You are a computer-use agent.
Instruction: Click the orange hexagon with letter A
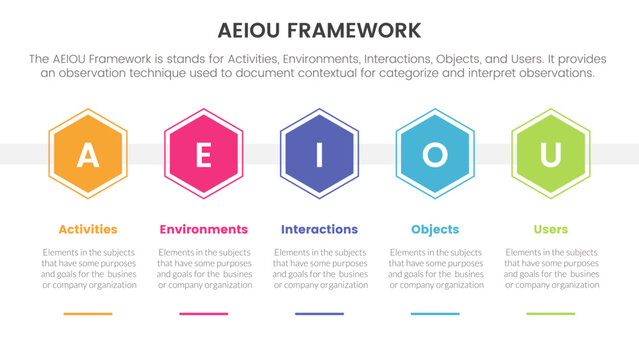[88, 155]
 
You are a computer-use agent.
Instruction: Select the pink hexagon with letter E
[204, 155]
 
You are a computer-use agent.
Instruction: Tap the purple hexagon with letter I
[319, 155]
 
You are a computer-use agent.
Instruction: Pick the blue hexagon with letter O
[435, 155]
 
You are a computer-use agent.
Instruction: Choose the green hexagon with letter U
[550, 155]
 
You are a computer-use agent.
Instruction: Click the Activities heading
[88, 229]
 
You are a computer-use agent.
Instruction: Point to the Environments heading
[204, 229]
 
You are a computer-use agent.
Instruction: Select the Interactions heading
[319, 229]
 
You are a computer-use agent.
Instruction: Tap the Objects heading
[435, 229]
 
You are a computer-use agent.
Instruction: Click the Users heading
[550, 229]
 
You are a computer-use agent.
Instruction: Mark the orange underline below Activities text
[88, 313]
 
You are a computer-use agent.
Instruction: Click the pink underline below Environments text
[204, 313]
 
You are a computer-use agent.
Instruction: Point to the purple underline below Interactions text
[319, 313]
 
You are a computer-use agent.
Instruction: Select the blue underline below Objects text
[435, 313]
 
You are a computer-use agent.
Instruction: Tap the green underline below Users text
[550, 313]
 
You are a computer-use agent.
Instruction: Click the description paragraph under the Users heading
[550, 268]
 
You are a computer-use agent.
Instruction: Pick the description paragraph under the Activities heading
[88, 268]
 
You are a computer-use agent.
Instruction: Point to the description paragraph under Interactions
[319, 268]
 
